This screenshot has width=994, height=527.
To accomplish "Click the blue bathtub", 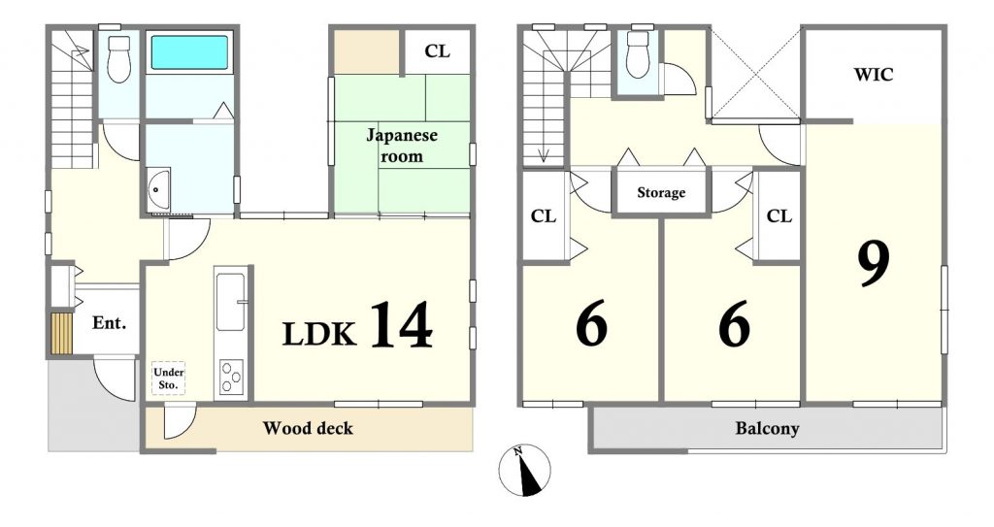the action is (189, 52).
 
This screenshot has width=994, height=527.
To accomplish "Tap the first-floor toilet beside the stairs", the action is (118, 58).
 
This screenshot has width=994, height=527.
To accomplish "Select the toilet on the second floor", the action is (638, 54).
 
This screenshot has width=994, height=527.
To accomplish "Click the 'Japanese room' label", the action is (402, 146).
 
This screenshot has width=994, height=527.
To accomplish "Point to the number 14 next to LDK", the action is (401, 325).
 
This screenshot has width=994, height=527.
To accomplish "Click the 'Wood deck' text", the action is (308, 428).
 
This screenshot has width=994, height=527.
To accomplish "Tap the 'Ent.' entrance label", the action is (109, 323).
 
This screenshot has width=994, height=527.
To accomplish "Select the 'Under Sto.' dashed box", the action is (168, 379).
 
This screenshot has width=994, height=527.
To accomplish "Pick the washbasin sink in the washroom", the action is (159, 189).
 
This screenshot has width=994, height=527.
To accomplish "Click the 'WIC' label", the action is (874, 75).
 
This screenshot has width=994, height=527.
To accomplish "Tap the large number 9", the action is (874, 263).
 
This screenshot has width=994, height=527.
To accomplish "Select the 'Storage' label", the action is (661, 192).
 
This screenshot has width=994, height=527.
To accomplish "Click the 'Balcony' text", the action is (767, 429).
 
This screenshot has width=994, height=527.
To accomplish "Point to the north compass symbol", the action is (524, 470).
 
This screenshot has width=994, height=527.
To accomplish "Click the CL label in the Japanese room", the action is (438, 50).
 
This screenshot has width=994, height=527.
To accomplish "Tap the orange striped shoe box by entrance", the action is (62, 332).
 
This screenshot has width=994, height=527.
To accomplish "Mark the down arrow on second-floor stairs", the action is (544, 154).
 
